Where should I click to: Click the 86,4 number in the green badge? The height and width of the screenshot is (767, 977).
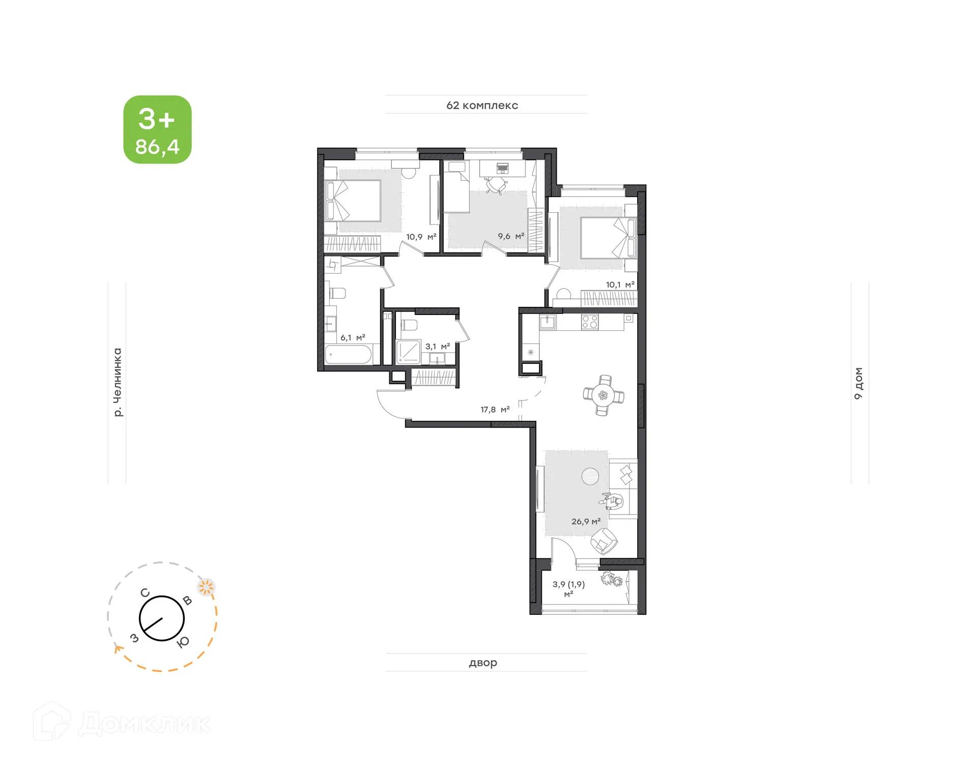[x=157, y=147]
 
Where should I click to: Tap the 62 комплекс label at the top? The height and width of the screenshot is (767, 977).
[x=482, y=105]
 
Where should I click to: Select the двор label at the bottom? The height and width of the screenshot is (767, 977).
[x=482, y=663]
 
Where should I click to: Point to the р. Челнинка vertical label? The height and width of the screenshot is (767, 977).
[x=118, y=382]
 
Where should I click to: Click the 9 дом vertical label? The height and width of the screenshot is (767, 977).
[x=858, y=383]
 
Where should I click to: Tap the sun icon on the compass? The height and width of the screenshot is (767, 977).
[x=206, y=587]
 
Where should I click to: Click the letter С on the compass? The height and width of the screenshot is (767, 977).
[x=145, y=593]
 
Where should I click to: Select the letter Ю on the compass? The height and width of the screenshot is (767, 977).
[x=183, y=642]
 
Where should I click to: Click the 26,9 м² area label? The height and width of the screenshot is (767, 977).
[x=586, y=522]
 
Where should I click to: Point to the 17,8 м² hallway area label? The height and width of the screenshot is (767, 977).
[x=495, y=410]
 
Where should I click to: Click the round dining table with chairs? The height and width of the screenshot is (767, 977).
[x=604, y=395]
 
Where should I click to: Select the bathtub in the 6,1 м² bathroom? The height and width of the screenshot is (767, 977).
[x=349, y=354]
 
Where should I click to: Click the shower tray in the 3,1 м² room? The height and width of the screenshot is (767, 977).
[x=408, y=352]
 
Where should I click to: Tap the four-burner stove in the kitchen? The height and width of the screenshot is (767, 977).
[x=590, y=322]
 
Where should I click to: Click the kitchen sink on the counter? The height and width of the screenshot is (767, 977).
[x=548, y=322]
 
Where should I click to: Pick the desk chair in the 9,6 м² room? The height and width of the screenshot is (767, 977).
[x=496, y=185]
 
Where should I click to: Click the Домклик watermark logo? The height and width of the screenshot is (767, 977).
[x=122, y=723]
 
